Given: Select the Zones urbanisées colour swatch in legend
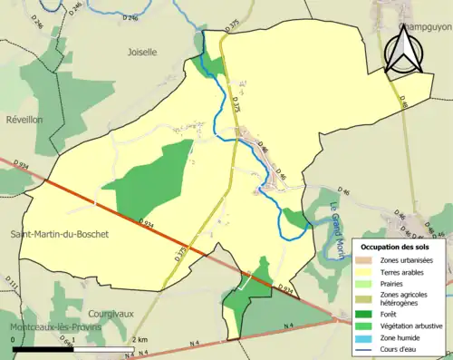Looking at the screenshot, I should (x=367, y=260).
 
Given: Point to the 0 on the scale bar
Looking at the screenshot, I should (x=14, y=339).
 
